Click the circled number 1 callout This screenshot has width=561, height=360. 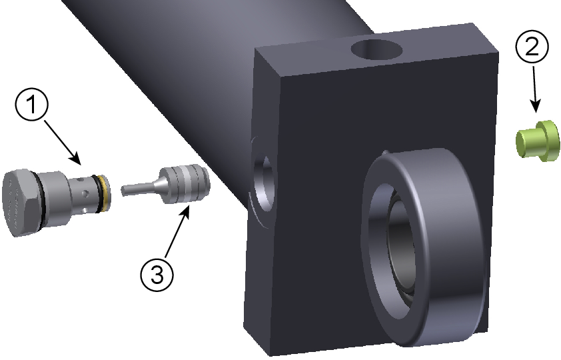31,105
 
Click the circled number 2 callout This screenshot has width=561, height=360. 532,47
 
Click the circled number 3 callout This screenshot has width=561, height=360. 157,275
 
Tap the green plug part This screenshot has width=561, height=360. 538,141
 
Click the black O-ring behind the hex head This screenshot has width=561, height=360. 40,201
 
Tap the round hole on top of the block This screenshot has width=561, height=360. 376,49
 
